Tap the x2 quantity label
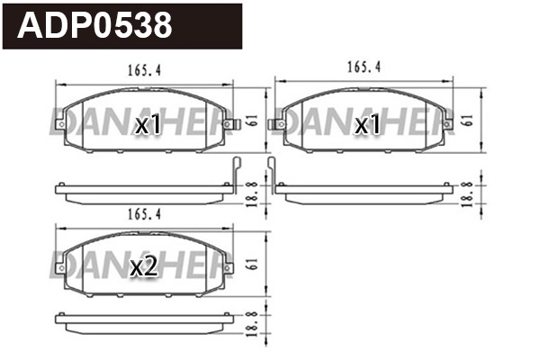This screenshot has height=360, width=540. point(145,267)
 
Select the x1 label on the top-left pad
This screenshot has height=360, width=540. point(146,125)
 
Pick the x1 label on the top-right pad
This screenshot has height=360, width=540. point(366,125)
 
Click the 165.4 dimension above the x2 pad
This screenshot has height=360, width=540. point(143,214)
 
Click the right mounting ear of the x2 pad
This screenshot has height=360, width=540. point(229,267)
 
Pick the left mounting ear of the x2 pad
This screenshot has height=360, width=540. point(58,267)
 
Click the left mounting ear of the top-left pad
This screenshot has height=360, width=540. point(58,123)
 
